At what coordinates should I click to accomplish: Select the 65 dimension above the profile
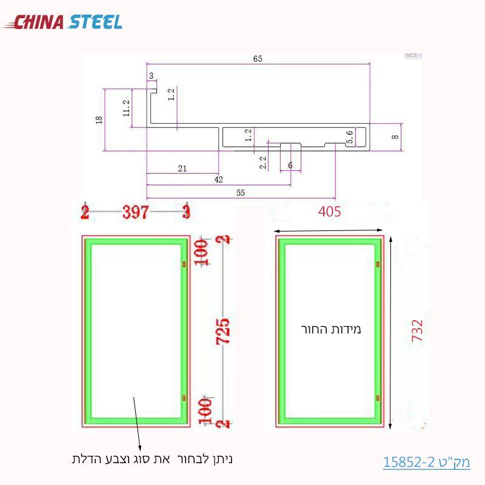click(x=258, y=59)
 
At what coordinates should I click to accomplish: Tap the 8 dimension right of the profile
click(x=395, y=137)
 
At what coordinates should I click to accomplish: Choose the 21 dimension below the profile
click(x=182, y=169)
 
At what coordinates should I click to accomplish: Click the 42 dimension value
click(x=218, y=179)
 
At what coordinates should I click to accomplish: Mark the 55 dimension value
click(x=240, y=192)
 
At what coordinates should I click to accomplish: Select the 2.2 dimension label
click(x=263, y=162)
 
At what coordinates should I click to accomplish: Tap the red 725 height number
click(x=224, y=332)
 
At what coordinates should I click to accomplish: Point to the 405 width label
click(x=329, y=212)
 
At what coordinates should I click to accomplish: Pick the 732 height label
click(x=417, y=332)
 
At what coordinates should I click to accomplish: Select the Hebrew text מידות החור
click(x=331, y=330)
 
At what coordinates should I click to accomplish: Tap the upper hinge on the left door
click(x=184, y=264)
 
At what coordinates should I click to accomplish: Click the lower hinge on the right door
click(x=378, y=398)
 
